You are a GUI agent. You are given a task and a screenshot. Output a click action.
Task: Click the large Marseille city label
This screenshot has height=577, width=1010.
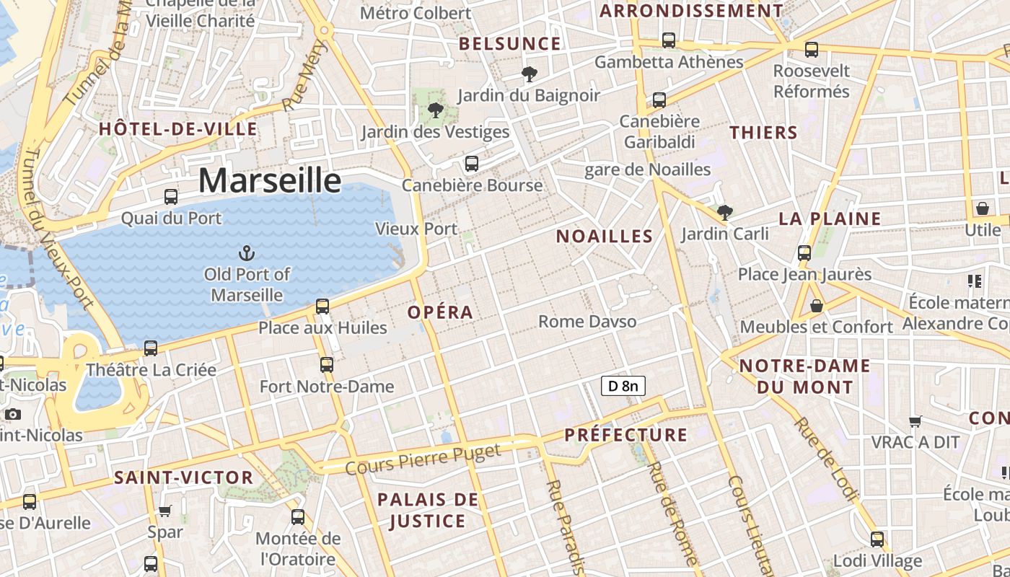[x=269, y=180]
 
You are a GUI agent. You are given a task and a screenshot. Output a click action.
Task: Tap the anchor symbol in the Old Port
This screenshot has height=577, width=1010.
[x=247, y=252]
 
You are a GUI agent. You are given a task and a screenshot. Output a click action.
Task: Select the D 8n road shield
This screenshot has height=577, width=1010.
[x=623, y=386]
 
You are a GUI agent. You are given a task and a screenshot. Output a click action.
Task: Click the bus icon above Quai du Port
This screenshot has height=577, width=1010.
[x=171, y=196]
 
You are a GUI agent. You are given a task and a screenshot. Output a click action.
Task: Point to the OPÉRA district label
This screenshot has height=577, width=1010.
[x=440, y=312]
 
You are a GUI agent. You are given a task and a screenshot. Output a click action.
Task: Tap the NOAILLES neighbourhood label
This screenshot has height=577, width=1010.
[x=605, y=236]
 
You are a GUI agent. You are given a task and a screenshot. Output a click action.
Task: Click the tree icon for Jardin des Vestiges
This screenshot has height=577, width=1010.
[x=435, y=110]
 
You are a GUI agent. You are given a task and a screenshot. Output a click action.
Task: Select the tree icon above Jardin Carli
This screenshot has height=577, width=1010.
[x=725, y=212]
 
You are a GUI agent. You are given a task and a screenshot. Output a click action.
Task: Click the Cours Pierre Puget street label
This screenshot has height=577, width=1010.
[x=423, y=459]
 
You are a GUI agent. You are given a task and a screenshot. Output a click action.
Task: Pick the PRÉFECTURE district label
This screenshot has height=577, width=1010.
[x=625, y=434]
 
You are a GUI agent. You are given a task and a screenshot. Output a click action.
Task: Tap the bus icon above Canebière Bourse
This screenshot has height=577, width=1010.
[x=472, y=164]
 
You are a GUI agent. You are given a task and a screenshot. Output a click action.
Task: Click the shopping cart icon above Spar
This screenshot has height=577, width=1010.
[x=165, y=511]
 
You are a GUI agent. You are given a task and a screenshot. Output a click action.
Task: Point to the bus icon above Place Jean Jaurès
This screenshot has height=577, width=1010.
[x=804, y=253]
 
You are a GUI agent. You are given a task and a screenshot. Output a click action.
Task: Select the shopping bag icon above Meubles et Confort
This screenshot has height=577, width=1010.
[x=817, y=306]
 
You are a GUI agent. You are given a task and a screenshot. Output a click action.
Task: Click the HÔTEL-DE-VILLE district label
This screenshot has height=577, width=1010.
[x=177, y=129]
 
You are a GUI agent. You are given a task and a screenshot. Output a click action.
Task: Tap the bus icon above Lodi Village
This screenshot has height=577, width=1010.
[x=877, y=539]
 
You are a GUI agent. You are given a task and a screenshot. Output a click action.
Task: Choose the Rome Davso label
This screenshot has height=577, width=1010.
[x=587, y=321]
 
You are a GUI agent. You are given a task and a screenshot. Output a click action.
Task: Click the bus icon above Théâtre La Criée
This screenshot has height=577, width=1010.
[x=151, y=348]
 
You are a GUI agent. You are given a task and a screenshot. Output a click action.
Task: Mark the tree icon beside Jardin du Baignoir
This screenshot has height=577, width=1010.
[x=529, y=74]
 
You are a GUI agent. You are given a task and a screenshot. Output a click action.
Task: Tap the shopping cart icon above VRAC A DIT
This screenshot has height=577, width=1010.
[x=915, y=421]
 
